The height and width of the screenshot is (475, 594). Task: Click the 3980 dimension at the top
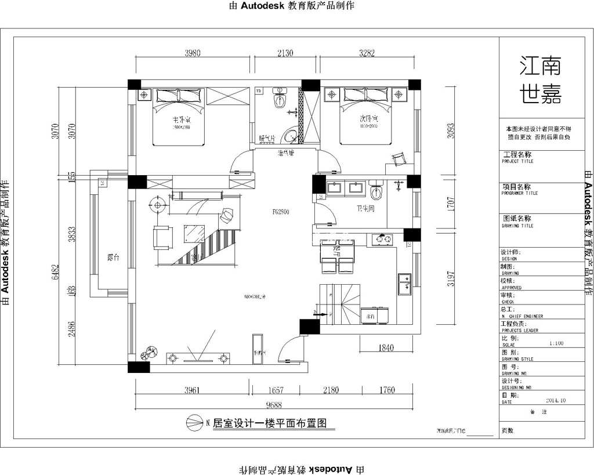193,53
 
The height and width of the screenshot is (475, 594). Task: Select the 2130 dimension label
285,53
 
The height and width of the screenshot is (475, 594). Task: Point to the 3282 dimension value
367,53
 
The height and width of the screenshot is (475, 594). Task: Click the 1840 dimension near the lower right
386,348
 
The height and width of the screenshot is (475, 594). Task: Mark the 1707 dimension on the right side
451,203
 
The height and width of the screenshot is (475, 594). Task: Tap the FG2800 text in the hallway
281,212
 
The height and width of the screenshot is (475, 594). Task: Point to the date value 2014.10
555,400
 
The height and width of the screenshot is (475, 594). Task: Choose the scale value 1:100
556,343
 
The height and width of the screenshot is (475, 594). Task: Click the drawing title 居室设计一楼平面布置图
270,423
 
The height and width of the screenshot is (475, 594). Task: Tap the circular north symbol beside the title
193,423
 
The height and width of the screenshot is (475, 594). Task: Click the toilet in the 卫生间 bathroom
376,190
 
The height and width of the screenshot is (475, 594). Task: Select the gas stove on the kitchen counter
383,238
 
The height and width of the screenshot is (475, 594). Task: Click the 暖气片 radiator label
267,139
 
